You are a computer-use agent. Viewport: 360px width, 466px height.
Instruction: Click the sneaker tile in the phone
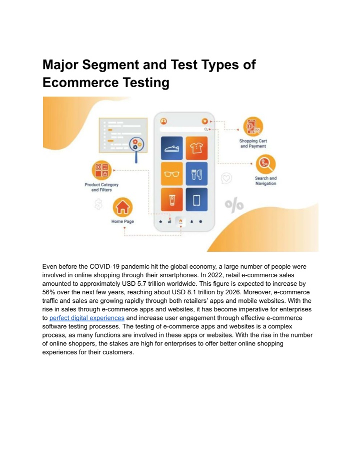pos(171,148)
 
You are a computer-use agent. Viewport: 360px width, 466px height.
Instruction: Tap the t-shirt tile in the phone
pos(196,148)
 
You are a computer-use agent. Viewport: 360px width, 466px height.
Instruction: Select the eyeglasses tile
pos(171,174)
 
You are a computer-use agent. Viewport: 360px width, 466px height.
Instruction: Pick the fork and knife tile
pos(196,174)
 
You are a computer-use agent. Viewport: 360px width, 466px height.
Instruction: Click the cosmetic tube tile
pos(171,199)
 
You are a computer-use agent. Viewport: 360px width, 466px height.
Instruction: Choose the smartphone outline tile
pos(196,199)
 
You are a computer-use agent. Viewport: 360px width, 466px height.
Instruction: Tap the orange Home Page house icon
pos(122,207)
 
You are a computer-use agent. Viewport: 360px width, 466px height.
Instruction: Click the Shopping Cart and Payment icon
pos(253,127)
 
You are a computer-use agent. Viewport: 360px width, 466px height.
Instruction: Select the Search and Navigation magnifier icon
pos(265,164)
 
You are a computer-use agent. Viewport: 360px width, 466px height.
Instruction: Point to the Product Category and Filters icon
pos(101,170)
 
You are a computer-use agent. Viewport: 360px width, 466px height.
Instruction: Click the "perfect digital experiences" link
pos(86,318)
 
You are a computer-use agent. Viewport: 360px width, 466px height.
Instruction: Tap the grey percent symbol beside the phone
pos(234,205)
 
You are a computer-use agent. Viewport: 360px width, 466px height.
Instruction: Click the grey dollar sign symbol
pos(98,204)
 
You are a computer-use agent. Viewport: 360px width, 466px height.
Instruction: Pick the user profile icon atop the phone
pos(163,121)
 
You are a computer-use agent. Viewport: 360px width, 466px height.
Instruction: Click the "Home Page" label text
pos(122,221)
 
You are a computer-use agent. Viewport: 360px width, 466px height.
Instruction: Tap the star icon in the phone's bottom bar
pos(160,221)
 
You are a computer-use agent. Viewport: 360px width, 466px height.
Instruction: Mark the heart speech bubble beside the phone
pos(226,178)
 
